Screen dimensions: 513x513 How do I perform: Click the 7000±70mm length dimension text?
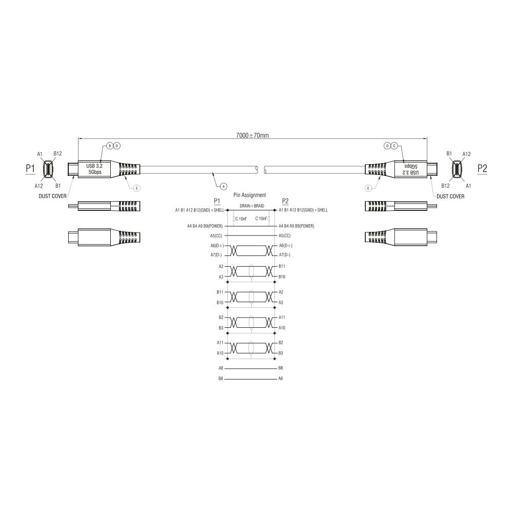pyautogui.click(x=252, y=135)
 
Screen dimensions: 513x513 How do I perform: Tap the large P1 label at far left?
pyautogui.click(x=30, y=168)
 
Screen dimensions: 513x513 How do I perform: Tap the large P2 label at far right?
pyautogui.click(x=482, y=168)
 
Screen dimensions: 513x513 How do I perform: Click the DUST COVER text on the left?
pyautogui.click(x=52, y=196)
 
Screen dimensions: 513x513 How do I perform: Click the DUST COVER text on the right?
pyautogui.click(x=450, y=196)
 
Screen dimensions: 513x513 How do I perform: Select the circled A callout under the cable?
pyautogui.click(x=224, y=187)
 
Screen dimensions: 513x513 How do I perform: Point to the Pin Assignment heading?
pyautogui.click(x=250, y=195)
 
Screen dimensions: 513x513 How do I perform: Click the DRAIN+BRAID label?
pyautogui.click(x=252, y=206)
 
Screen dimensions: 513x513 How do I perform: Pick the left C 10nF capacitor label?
pyautogui.click(x=241, y=219)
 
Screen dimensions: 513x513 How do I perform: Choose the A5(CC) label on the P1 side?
pyautogui.click(x=216, y=235)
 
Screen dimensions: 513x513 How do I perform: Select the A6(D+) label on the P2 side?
pyautogui.click(x=286, y=246)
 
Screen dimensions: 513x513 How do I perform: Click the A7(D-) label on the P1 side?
pyautogui.click(x=216, y=255)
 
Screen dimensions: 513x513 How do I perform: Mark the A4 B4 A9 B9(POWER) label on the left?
pyautogui.click(x=205, y=226)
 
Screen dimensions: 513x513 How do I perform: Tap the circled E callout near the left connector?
pyautogui.click(x=137, y=188)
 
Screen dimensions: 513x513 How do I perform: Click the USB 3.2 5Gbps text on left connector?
pyautogui.click(x=94, y=169)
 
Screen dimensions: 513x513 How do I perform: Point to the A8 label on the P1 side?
pyautogui.click(x=221, y=368)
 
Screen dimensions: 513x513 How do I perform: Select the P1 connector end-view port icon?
pyautogui.click(x=48, y=169)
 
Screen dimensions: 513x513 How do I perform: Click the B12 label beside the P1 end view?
pyautogui.click(x=57, y=153)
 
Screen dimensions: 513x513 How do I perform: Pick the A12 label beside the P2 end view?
pyautogui.click(x=466, y=154)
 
